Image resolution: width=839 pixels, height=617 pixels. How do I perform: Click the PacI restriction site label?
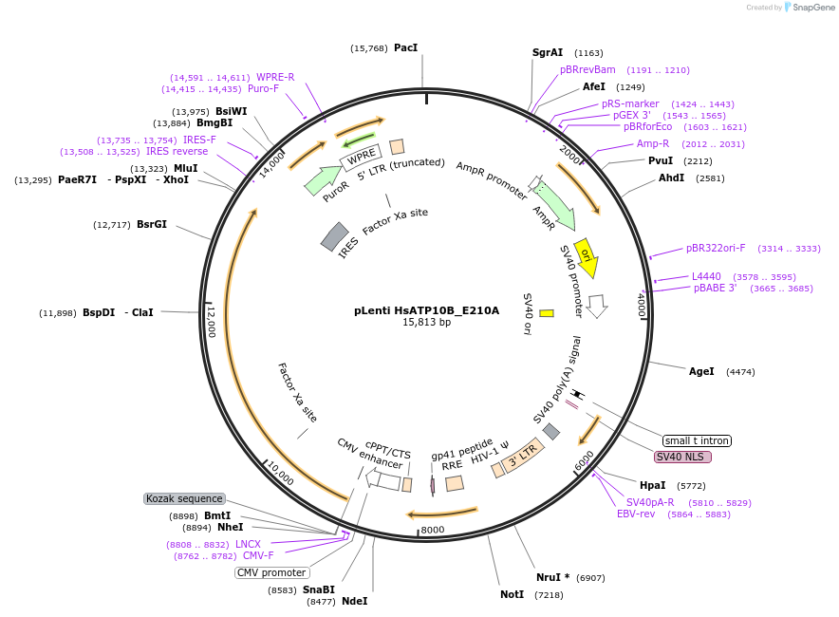(x=405, y=47)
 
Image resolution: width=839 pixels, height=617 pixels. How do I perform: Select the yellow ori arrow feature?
(x=586, y=257)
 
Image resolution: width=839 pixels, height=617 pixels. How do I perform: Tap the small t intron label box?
(x=697, y=440)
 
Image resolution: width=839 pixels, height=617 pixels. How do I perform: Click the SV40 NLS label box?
(x=682, y=457)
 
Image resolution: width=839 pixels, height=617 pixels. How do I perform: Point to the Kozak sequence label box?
(x=184, y=498)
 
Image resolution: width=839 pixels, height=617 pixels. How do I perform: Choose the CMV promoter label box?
(x=271, y=572)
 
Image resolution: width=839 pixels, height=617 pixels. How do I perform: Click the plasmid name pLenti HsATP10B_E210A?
(x=426, y=309)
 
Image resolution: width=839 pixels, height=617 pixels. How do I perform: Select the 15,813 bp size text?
(x=426, y=323)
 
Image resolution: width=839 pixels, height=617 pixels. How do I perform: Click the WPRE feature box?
(x=361, y=158)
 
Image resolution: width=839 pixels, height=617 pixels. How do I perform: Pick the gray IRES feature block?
(x=334, y=236)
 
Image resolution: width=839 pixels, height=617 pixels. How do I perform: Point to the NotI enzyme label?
(x=512, y=594)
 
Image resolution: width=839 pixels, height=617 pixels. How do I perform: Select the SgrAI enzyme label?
(x=548, y=53)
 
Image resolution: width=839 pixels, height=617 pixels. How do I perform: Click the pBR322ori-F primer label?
(x=716, y=249)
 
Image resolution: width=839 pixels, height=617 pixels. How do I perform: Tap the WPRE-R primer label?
(x=275, y=78)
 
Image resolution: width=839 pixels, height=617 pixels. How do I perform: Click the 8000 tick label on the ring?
(x=433, y=530)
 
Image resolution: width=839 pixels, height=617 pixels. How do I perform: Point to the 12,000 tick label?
(x=212, y=322)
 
